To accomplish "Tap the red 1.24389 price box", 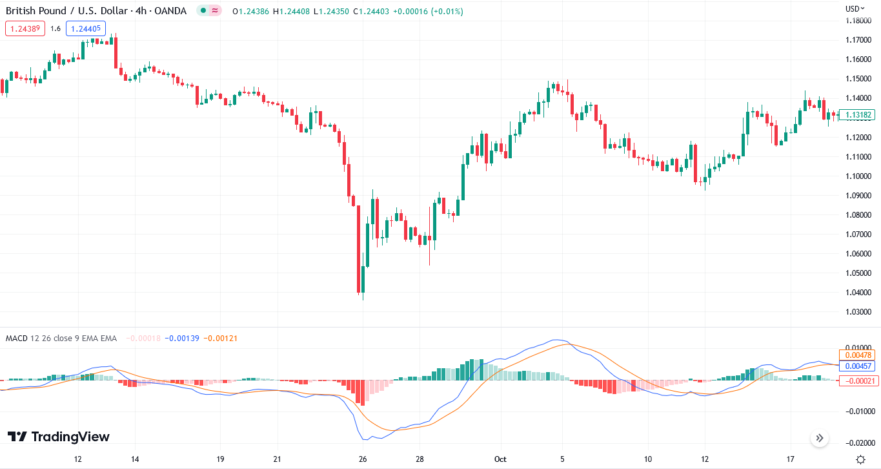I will coord(25,28).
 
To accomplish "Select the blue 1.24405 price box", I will coord(85,28).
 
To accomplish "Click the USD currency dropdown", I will coord(855,8).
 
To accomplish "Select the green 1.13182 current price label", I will coord(856,115).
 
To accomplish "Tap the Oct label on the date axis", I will coord(500,459).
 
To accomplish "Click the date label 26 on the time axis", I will coord(363,459).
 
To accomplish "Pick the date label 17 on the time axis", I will coord(790,459).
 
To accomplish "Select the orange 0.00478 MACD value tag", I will coord(856,355).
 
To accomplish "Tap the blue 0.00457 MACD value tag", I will coord(856,366).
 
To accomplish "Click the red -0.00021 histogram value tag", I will coord(856,380).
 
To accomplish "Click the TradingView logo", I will coord(59,437).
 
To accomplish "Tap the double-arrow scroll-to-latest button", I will coord(820,438).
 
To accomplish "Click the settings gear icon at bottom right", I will coord(860,459).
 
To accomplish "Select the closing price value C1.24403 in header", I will coord(367,11).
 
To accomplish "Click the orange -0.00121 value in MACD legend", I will coord(221,338).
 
